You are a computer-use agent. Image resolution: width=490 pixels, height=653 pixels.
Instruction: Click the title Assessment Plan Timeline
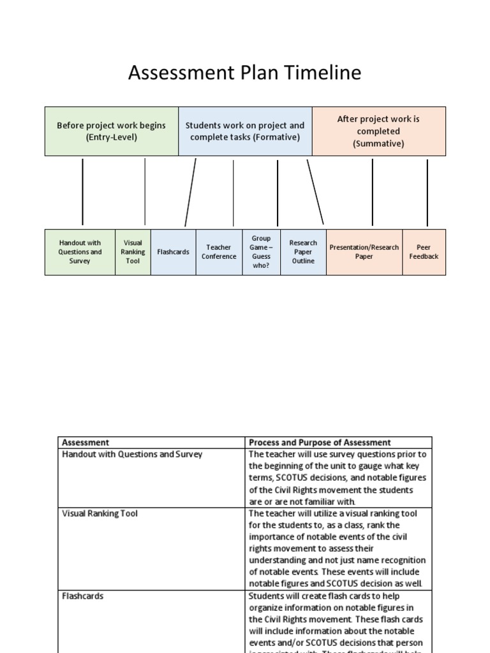(244, 73)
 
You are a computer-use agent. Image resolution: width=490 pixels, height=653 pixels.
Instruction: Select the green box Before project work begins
(111, 131)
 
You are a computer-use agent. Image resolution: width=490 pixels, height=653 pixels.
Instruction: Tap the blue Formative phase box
(245, 131)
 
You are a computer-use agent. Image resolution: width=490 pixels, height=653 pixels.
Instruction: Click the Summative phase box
(378, 131)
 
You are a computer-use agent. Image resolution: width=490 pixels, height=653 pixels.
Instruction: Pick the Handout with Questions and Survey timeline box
(80, 252)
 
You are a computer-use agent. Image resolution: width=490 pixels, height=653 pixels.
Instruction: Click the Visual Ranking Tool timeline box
(133, 252)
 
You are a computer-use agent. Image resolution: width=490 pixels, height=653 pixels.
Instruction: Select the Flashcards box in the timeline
(173, 252)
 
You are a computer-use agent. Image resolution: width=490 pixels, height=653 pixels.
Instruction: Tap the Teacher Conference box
(219, 252)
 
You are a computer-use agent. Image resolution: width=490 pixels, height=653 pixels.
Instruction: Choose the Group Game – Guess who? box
(261, 252)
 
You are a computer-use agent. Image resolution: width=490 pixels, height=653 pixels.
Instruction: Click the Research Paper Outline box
(303, 252)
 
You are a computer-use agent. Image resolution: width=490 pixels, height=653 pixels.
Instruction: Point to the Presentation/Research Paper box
(364, 252)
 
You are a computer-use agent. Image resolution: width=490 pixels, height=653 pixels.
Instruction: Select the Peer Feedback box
(424, 252)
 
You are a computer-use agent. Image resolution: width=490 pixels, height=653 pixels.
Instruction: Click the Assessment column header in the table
(85, 443)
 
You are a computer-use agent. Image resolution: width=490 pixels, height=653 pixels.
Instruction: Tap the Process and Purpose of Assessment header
(320, 443)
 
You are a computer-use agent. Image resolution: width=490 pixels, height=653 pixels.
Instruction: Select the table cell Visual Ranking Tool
(100, 513)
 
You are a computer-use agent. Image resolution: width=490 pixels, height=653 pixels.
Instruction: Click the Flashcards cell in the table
(83, 596)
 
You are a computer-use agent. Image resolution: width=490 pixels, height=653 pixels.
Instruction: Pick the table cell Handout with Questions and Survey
(132, 455)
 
